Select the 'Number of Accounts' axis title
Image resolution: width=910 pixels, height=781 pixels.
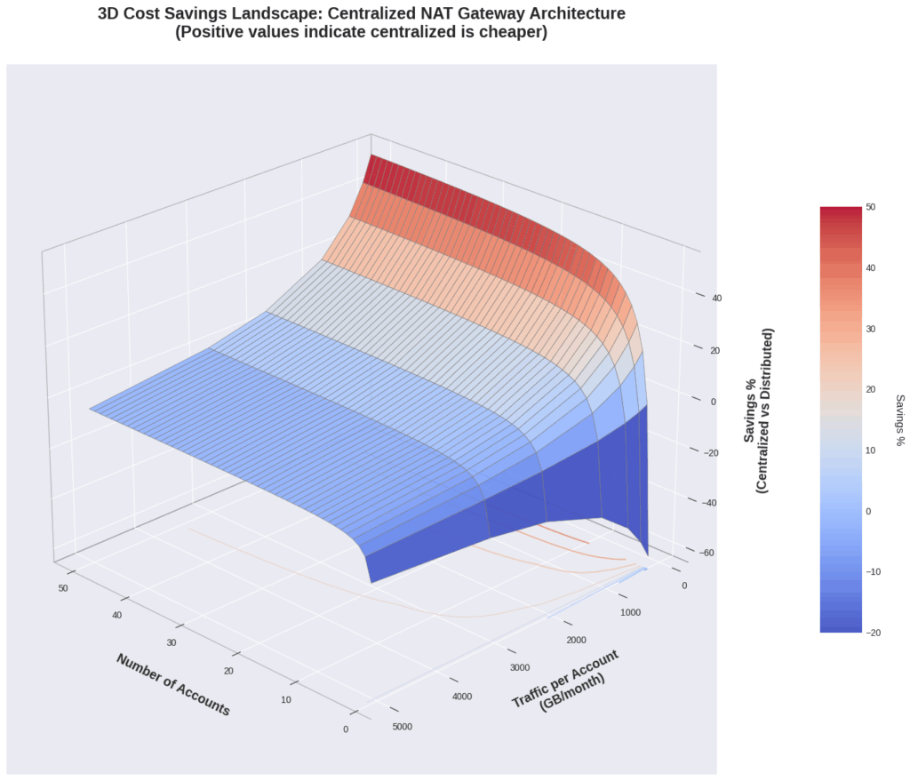click(x=172, y=684)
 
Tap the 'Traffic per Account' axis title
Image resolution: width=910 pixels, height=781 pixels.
click(x=565, y=680)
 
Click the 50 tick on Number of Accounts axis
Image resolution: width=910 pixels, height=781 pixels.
click(x=61, y=588)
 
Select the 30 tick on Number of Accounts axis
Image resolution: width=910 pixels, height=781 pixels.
click(x=171, y=643)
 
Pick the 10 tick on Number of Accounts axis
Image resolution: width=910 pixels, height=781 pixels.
click(x=286, y=700)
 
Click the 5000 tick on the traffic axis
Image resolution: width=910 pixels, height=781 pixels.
click(x=402, y=727)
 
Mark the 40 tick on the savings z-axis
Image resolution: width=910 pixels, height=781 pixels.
click(x=716, y=298)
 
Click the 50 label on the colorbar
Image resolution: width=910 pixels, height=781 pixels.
click(x=871, y=207)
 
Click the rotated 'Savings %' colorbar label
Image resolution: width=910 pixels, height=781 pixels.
click(x=899, y=419)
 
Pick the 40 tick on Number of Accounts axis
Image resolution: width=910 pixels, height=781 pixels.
click(x=116, y=616)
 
